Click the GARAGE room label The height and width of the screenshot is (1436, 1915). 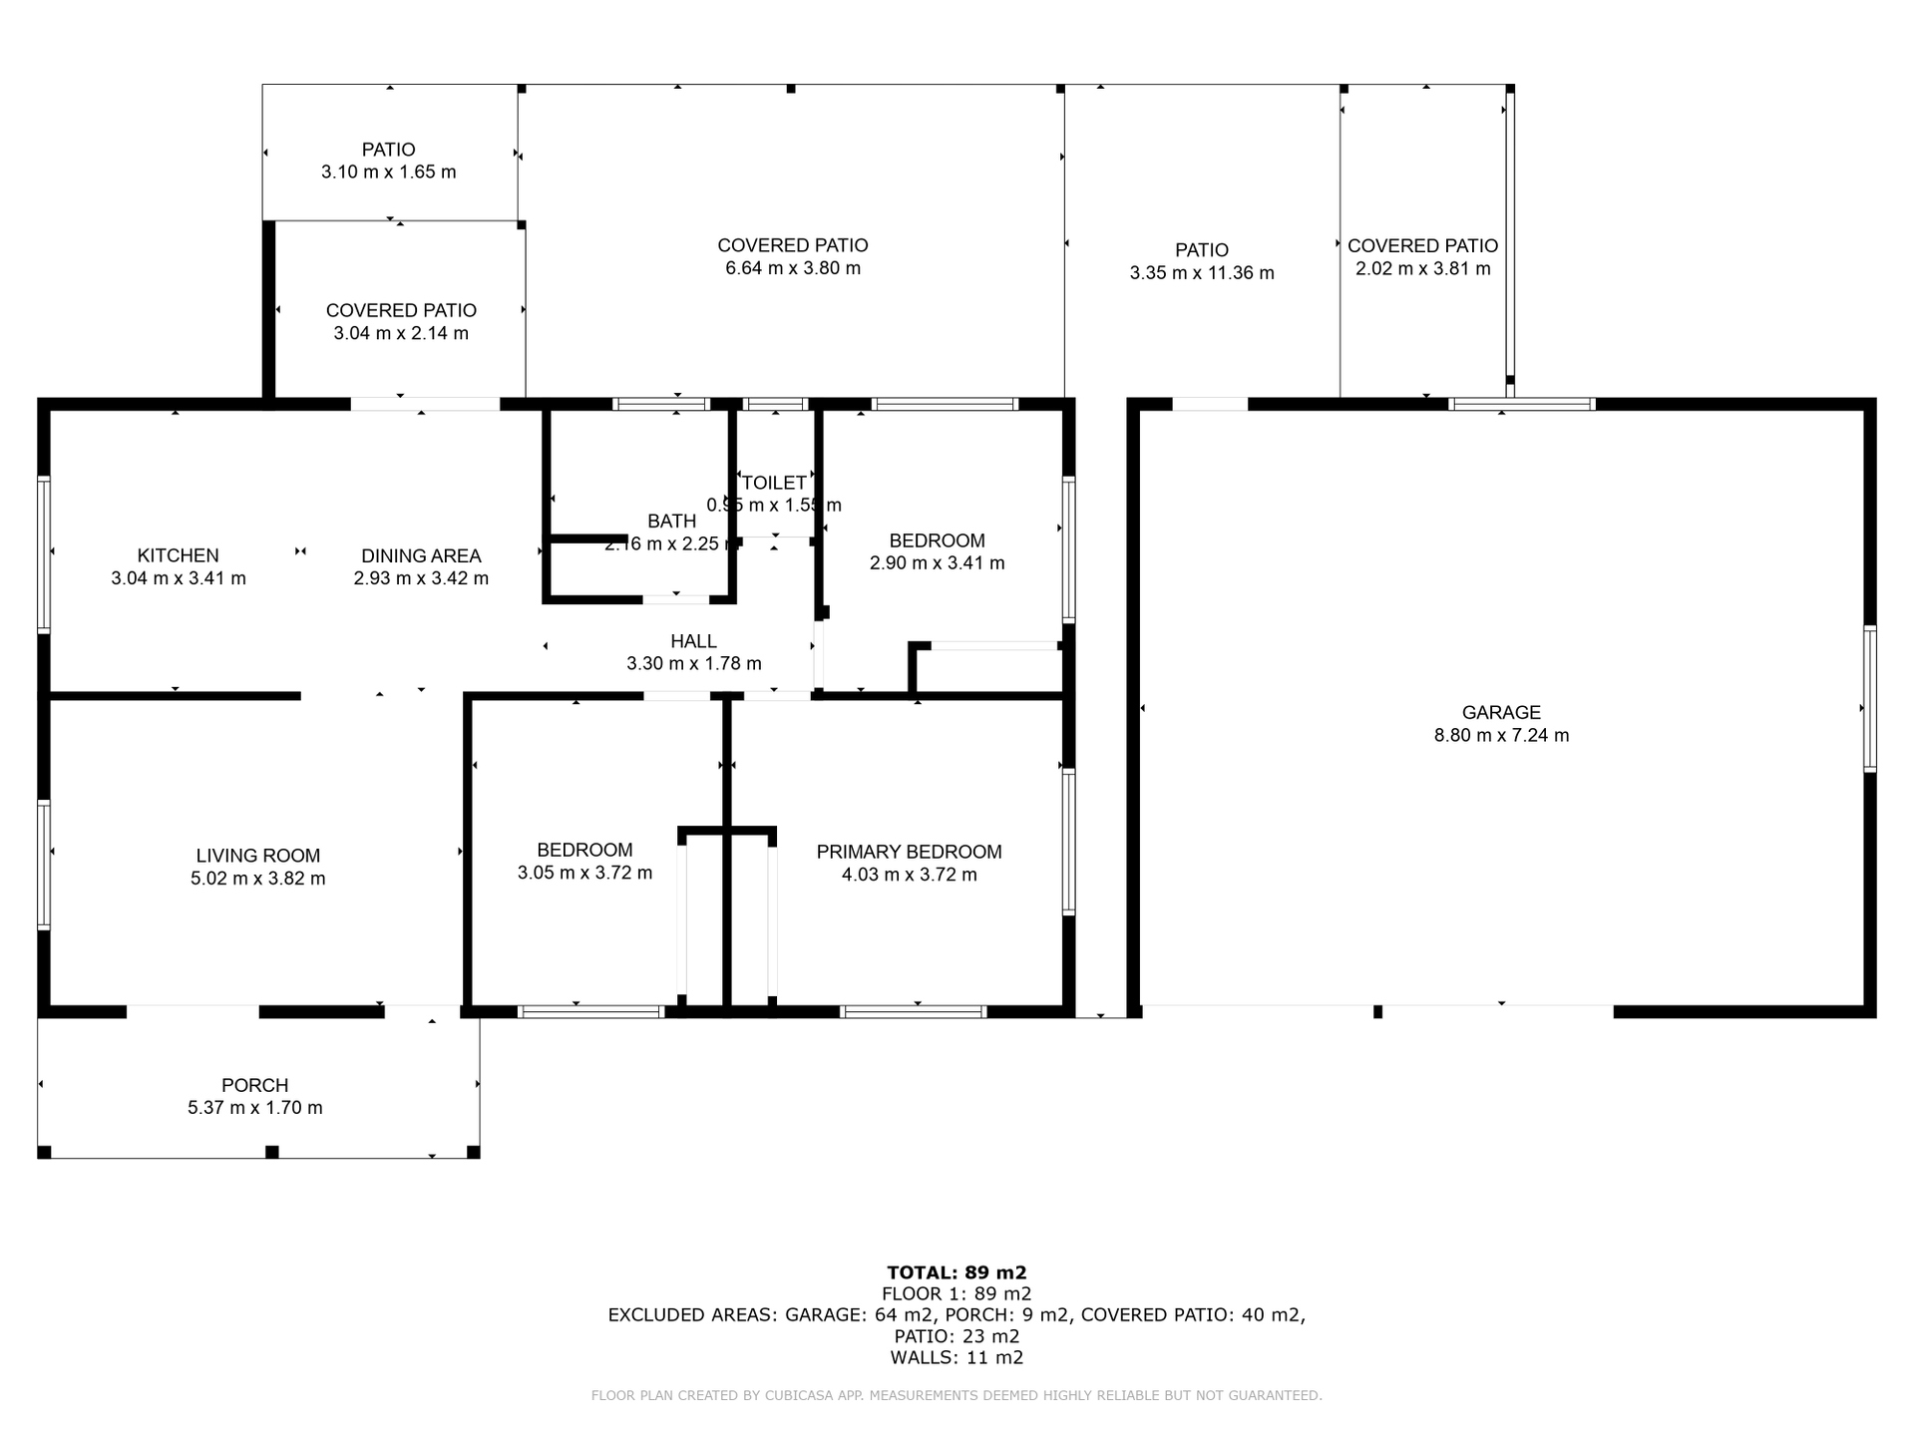tap(1501, 712)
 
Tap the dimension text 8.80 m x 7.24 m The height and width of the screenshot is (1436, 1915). tap(1501, 736)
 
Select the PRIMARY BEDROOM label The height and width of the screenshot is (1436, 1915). tap(909, 852)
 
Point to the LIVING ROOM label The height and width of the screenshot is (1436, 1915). tap(257, 856)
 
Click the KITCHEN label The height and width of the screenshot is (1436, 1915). tap(178, 555)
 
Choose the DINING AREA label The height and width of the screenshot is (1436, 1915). tap(421, 555)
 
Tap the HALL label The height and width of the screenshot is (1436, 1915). tap(693, 641)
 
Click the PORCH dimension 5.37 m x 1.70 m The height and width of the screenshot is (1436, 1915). tap(255, 1108)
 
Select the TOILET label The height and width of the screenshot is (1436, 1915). tap(774, 483)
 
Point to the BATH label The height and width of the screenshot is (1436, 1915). tap(671, 521)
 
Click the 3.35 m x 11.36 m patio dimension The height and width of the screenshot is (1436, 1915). tap(1201, 273)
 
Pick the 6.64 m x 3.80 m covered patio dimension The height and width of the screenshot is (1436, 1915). tap(793, 268)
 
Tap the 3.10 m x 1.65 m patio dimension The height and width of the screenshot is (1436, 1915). tap(388, 173)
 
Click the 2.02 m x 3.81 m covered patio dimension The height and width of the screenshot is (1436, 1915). tap(1422, 269)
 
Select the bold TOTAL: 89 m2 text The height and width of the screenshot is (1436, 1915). tap(957, 1272)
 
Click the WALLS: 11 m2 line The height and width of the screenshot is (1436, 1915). tap(957, 1357)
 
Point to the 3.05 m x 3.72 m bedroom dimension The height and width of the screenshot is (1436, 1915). tap(584, 874)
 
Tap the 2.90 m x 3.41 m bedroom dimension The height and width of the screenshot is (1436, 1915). tap(937, 563)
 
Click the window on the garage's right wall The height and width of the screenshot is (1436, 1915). tap(1870, 698)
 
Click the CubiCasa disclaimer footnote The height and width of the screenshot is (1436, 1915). tap(957, 1396)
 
